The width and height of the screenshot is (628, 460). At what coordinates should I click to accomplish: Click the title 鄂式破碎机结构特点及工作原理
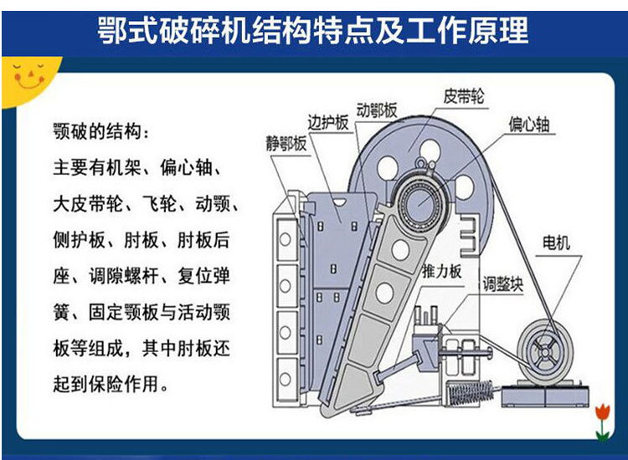[x=313, y=30]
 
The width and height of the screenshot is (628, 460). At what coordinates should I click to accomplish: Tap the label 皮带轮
[x=463, y=96]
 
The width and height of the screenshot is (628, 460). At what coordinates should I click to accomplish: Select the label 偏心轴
[x=528, y=124]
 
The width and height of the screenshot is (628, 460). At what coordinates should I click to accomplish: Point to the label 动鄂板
[x=377, y=110]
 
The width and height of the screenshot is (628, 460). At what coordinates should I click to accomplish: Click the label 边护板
[x=327, y=122]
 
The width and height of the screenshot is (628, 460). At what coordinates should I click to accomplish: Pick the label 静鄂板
[x=286, y=143]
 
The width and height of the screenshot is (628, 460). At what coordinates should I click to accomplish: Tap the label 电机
[x=556, y=243]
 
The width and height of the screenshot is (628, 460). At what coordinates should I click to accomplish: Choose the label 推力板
[x=442, y=271]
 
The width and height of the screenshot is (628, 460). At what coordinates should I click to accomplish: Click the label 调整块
[x=503, y=284]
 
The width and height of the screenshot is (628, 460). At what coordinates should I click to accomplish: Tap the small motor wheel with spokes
[x=545, y=352]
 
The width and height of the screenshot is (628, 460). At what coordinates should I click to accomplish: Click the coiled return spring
[x=471, y=392]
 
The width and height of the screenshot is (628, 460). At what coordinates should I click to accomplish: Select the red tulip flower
[x=602, y=412]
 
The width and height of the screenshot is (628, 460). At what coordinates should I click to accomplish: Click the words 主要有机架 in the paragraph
[x=96, y=167]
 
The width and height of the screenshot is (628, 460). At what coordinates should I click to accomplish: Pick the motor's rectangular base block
[x=545, y=395]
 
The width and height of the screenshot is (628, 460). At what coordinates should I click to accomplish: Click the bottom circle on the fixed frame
[x=286, y=378]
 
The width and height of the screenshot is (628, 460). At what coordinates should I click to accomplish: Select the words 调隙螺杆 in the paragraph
[x=123, y=276]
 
